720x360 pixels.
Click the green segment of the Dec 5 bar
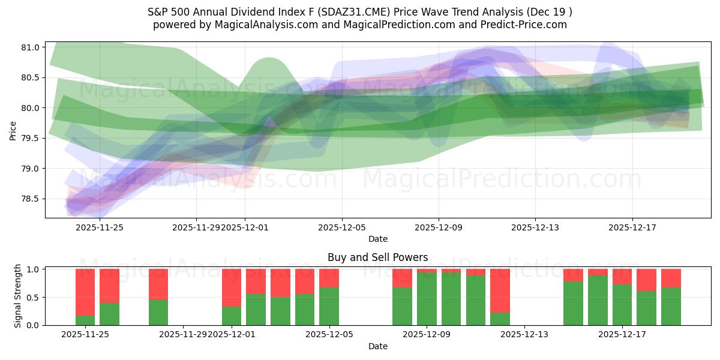(329, 306)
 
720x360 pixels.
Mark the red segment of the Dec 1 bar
(232, 288)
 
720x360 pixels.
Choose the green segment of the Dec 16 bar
(598, 300)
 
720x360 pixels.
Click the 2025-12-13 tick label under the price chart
(535, 227)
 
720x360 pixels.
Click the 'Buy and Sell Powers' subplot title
(377, 257)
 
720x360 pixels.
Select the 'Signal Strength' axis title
(18, 296)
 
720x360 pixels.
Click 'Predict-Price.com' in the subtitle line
(525, 25)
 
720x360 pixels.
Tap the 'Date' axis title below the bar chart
(377, 346)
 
